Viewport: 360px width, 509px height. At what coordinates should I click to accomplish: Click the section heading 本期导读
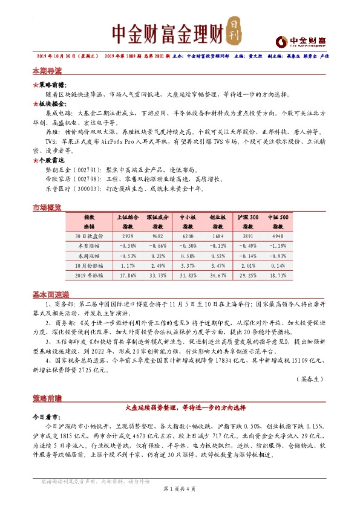click(47, 72)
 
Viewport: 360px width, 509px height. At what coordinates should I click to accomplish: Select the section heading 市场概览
click(47, 208)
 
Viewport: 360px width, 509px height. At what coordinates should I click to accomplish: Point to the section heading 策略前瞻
click(47, 398)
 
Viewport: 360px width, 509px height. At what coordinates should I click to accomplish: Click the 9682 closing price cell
click(158, 236)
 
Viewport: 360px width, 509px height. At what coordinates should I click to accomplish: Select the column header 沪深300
click(248, 216)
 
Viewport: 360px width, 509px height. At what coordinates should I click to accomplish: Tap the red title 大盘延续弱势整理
click(180, 408)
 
